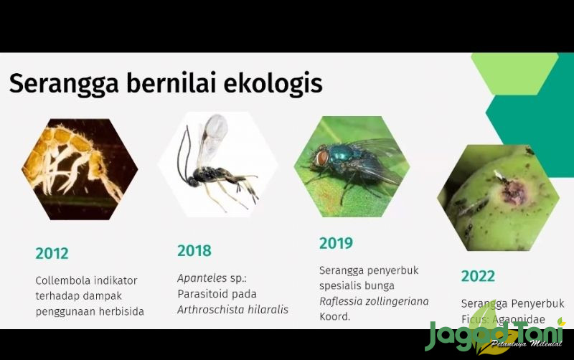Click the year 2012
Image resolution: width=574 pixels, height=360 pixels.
52,253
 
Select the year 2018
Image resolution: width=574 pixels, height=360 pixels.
194,251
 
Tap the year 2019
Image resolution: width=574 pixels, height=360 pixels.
336,243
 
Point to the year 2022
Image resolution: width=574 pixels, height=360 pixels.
478,276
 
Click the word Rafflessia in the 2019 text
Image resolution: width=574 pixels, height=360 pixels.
346,300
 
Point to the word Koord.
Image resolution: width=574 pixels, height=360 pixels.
335,316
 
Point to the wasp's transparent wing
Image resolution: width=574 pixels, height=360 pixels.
213,136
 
